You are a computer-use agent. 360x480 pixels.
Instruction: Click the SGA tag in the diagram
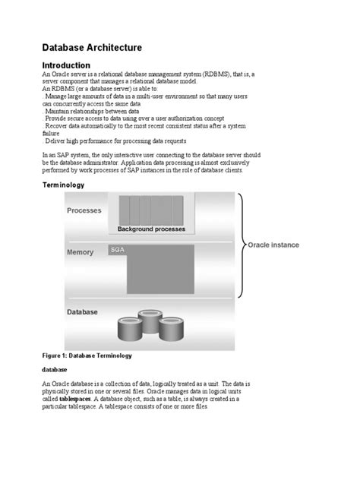(x=118, y=249)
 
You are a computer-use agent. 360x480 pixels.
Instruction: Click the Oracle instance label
(x=273, y=245)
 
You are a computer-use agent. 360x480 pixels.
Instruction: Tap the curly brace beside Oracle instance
(x=241, y=245)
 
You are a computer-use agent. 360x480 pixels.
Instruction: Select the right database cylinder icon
(x=172, y=324)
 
